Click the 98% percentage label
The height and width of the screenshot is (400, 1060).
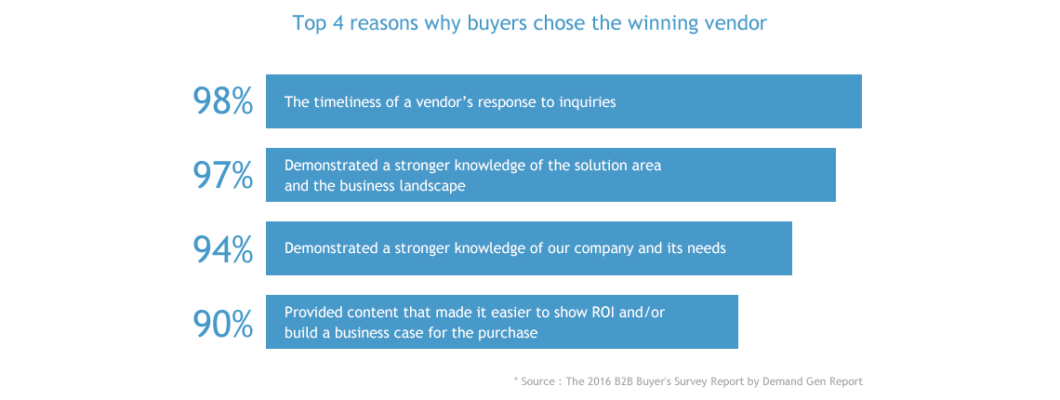click(222, 101)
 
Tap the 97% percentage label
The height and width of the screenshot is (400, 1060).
click(222, 175)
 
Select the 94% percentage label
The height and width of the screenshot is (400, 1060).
click(222, 248)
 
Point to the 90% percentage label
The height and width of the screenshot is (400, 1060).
click(222, 323)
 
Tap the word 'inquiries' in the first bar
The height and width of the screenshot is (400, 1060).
click(585, 101)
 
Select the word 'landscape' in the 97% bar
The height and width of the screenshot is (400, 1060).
click(432, 185)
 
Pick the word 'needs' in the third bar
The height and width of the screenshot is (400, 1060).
click(707, 248)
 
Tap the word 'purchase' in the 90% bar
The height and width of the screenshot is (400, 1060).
click(509, 332)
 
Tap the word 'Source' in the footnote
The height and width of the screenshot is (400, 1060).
click(539, 381)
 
